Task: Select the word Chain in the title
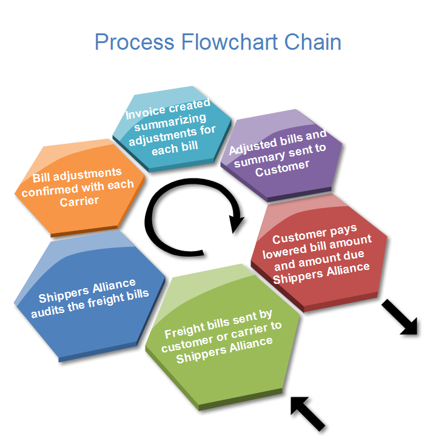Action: (313, 42)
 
